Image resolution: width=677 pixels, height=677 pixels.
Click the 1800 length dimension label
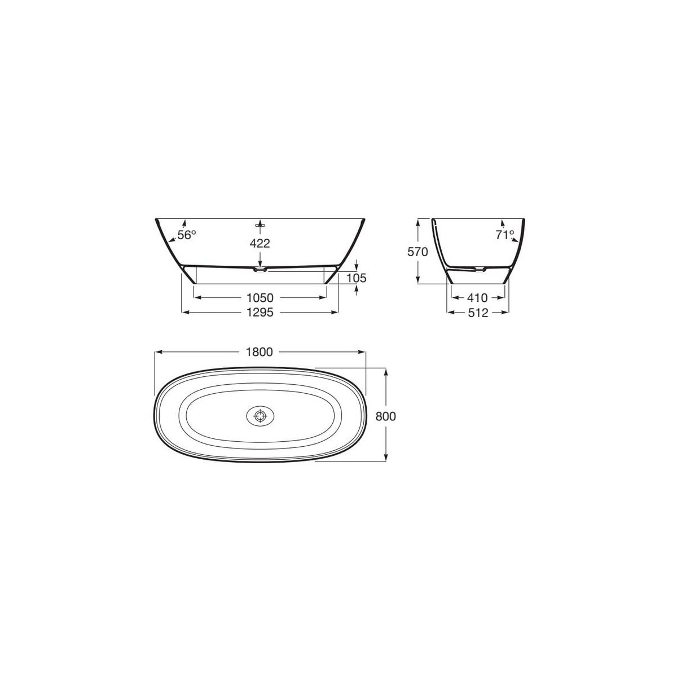click(260, 352)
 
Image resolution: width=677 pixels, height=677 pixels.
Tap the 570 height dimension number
click(419, 252)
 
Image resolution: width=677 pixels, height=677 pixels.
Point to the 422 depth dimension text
click(260, 243)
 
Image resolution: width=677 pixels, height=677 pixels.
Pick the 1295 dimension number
click(260, 312)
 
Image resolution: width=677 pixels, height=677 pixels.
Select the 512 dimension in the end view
click(478, 312)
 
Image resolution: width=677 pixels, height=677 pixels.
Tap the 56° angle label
click(186, 235)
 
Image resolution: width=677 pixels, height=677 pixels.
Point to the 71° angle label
click(504, 235)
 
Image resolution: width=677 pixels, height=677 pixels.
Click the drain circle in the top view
click(260, 416)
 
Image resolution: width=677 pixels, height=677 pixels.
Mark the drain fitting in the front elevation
click(260, 270)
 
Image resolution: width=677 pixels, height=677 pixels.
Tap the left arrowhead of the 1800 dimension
click(157, 352)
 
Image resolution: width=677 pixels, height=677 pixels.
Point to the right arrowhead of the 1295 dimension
click(336, 311)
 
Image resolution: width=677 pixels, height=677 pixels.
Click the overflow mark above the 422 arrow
click(260, 224)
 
